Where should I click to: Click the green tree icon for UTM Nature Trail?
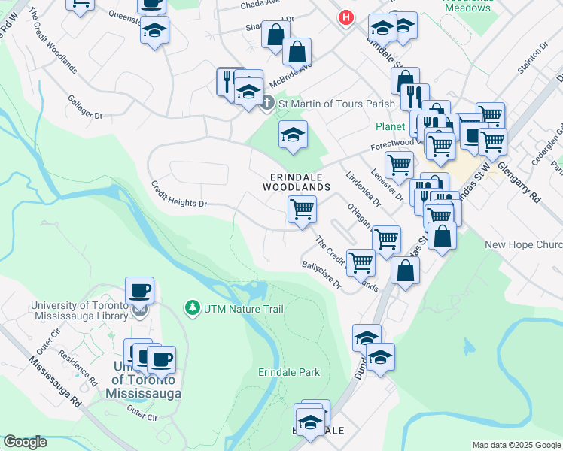point(192,307)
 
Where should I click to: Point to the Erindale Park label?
point(289,372)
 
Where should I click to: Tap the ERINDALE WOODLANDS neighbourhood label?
point(297,181)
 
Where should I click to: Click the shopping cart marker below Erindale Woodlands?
point(302,209)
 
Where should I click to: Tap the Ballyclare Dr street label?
point(321,274)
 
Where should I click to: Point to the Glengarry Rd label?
point(519,181)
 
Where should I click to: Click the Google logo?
point(25,443)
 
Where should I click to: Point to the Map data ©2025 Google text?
point(516,445)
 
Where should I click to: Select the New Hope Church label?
point(524,244)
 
